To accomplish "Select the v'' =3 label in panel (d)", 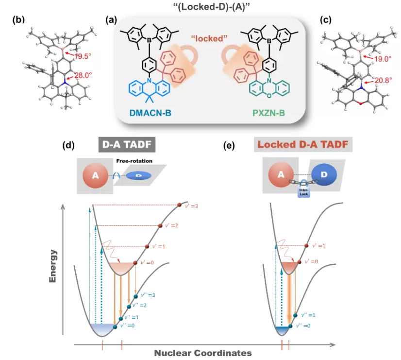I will (149, 295).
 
